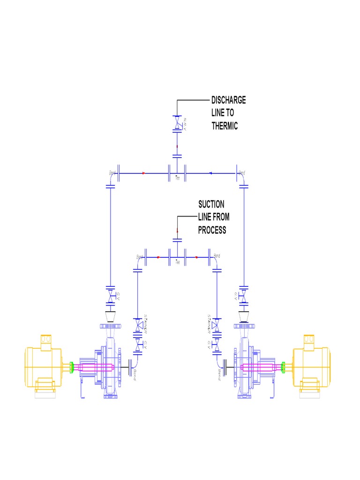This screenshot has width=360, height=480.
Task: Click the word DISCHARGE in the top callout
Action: tap(228, 100)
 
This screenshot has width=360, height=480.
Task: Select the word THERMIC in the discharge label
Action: tap(225, 126)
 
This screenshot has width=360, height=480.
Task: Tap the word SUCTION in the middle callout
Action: tap(211, 204)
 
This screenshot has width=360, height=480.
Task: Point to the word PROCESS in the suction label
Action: tap(212, 230)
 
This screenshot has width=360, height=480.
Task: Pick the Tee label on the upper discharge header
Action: tap(177, 179)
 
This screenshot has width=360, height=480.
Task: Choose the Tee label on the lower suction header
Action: tap(177, 262)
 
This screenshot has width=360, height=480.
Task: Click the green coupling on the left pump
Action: tap(71, 367)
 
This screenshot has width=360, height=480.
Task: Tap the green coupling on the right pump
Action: tap(283, 367)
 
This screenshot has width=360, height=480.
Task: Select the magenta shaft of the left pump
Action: tap(96, 367)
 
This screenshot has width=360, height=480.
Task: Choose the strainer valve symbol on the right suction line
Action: tap(216, 325)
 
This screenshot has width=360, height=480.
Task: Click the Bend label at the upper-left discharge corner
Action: tap(112, 173)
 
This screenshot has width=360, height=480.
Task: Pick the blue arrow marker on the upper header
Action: tap(210, 173)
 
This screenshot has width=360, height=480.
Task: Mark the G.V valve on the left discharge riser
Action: tap(111, 298)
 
